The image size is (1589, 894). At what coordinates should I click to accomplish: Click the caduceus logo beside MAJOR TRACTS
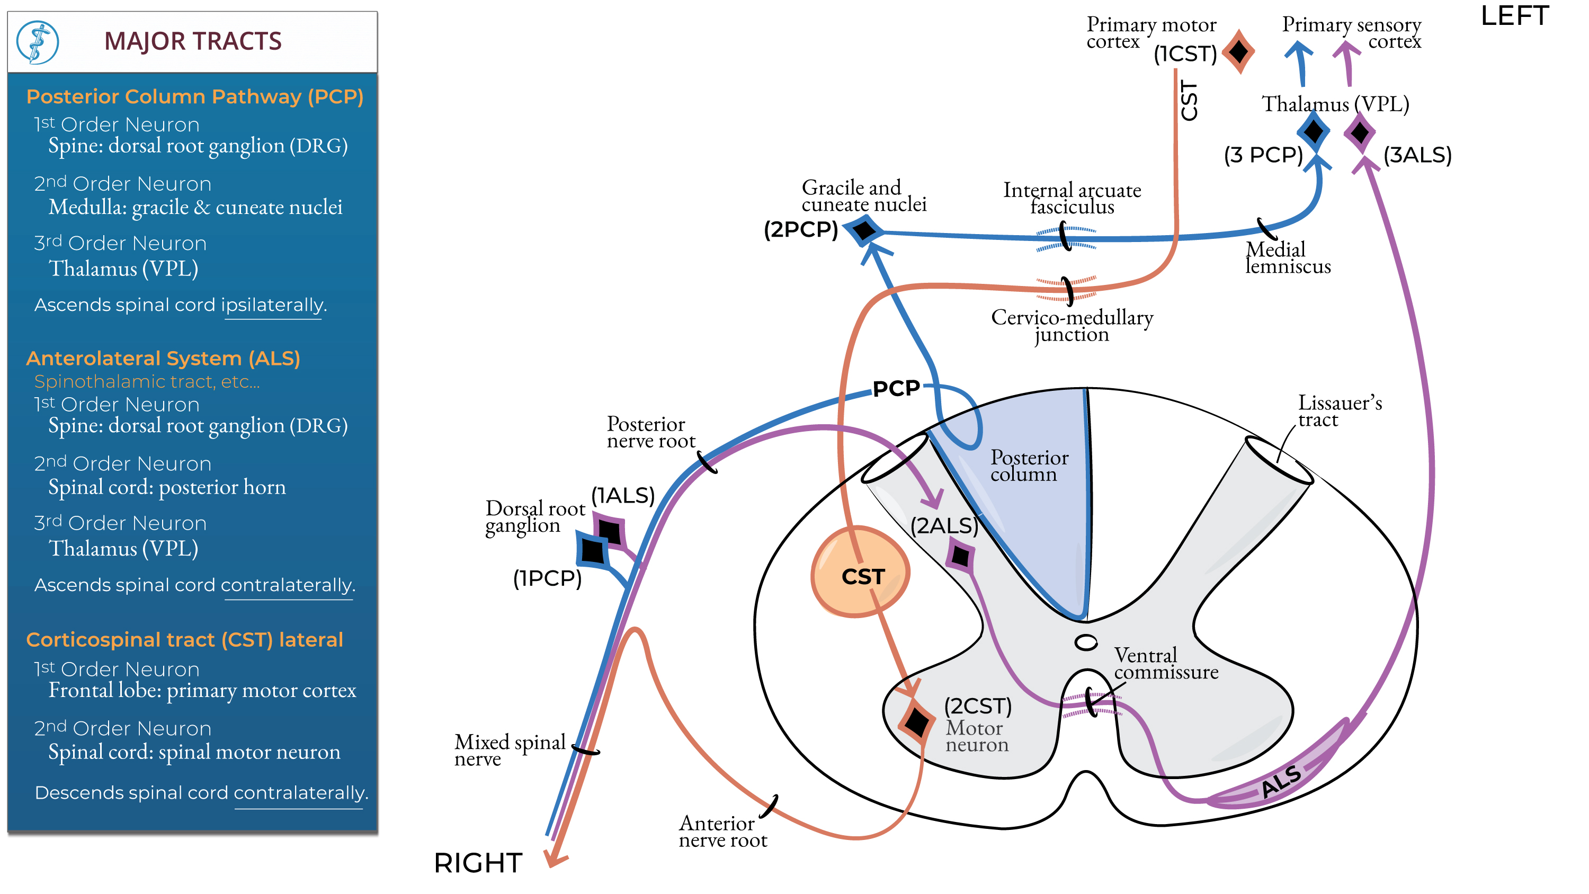click(x=38, y=42)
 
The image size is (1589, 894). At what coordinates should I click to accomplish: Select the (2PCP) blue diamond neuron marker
click(x=865, y=231)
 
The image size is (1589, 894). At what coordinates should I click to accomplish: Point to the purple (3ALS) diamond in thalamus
click(x=1360, y=132)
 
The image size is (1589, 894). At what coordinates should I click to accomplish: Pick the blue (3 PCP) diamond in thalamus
click(x=1313, y=131)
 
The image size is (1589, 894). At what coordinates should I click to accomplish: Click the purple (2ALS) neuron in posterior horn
click(x=960, y=557)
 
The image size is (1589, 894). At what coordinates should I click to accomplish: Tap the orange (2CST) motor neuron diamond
click(x=917, y=722)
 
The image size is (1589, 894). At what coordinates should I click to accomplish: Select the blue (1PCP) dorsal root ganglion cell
click(x=593, y=550)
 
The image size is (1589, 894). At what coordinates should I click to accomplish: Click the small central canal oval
click(x=1086, y=642)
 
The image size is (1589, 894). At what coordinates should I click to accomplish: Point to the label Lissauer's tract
click(x=1340, y=411)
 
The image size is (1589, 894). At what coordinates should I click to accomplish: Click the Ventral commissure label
click(x=1166, y=663)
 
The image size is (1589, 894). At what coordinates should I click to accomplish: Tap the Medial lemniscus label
click(x=1288, y=258)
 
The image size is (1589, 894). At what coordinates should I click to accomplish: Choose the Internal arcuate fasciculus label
click(x=1072, y=198)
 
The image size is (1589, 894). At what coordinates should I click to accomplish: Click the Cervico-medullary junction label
click(x=1072, y=325)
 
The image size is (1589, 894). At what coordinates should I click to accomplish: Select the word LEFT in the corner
click(x=1514, y=16)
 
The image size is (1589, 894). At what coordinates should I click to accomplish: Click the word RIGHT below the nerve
click(x=478, y=863)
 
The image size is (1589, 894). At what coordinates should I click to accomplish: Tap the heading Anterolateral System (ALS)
click(x=163, y=359)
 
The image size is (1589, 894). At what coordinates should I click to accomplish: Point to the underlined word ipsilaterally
click(x=273, y=305)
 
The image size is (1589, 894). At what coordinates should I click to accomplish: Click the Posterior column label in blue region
click(x=1029, y=466)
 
